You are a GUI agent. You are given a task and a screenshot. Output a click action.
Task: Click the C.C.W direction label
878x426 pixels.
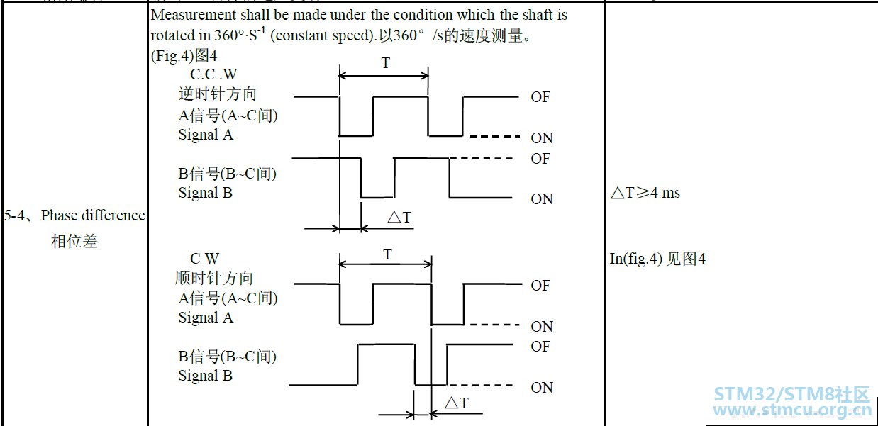[x=213, y=74]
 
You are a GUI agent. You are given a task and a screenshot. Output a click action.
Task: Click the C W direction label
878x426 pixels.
[x=204, y=258]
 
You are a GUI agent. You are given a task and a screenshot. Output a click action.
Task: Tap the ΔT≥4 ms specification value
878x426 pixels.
[x=645, y=192]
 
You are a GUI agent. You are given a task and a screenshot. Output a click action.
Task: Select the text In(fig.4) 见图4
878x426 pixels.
[x=657, y=259]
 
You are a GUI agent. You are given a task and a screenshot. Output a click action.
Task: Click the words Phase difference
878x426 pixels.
[x=93, y=215]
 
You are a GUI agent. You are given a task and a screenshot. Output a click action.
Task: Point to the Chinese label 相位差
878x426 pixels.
[x=74, y=240]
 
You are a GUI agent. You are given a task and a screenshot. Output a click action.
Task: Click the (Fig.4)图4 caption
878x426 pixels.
[x=184, y=56]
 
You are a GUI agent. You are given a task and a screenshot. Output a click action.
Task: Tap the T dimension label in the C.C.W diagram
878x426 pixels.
[x=386, y=62]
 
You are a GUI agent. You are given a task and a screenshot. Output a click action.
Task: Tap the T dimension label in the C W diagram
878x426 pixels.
[x=387, y=254]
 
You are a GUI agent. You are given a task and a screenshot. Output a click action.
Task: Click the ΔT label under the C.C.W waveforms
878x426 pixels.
[x=399, y=217]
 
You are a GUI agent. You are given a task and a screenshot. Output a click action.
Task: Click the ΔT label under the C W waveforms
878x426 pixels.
[x=457, y=403]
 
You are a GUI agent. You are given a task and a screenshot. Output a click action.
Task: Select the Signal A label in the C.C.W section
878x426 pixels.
[x=206, y=135]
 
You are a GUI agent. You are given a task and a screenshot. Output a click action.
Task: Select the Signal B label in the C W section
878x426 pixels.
[x=206, y=376]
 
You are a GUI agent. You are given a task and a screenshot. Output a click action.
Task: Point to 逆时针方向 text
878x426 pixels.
[x=218, y=94]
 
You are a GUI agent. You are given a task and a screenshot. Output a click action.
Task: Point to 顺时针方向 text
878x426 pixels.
[x=213, y=279]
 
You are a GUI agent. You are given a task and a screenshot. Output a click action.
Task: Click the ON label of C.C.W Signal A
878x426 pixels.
[x=542, y=138]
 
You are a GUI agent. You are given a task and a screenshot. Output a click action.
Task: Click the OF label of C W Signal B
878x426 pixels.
[x=540, y=347]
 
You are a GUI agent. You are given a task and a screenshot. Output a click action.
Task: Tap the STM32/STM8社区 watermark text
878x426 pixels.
[x=791, y=394]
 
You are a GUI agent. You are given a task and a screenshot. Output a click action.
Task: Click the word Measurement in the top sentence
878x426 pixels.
[x=194, y=15]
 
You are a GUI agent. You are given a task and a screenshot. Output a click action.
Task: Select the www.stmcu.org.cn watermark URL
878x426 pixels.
[x=792, y=410]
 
